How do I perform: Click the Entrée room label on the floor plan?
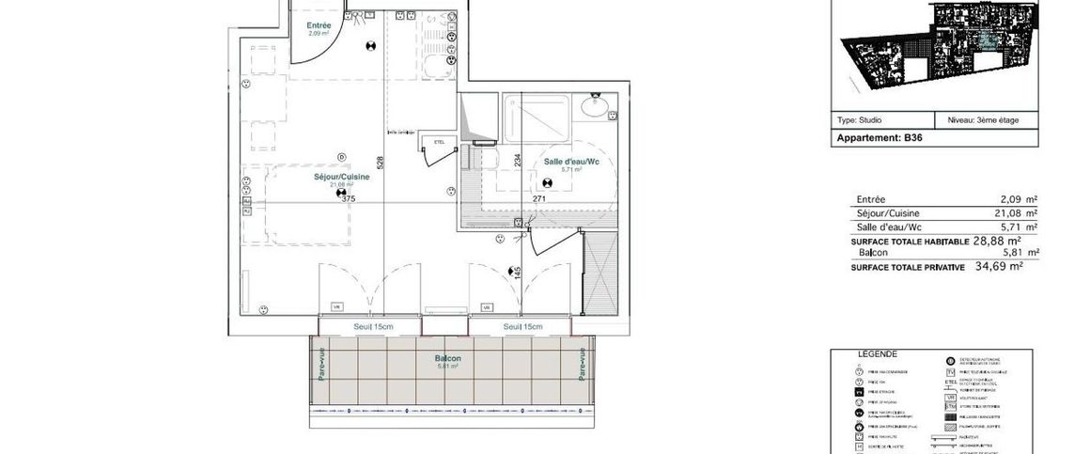[319, 25]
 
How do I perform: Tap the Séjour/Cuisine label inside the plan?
[341, 177]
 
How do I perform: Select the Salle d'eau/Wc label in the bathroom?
[571, 162]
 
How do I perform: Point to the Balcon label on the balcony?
[447, 358]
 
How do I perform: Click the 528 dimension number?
[381, 163]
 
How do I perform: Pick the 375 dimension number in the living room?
[349, 198]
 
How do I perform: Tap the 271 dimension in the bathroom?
[538, 199]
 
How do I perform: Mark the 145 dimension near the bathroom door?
[517, 273]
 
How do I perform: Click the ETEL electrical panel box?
[438, 142]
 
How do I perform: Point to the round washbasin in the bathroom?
[594, 106]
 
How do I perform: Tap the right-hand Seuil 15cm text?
[523, 326]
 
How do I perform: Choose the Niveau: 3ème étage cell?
[983, 120]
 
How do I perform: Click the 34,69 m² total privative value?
[997, 267]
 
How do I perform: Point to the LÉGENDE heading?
[878, 354]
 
